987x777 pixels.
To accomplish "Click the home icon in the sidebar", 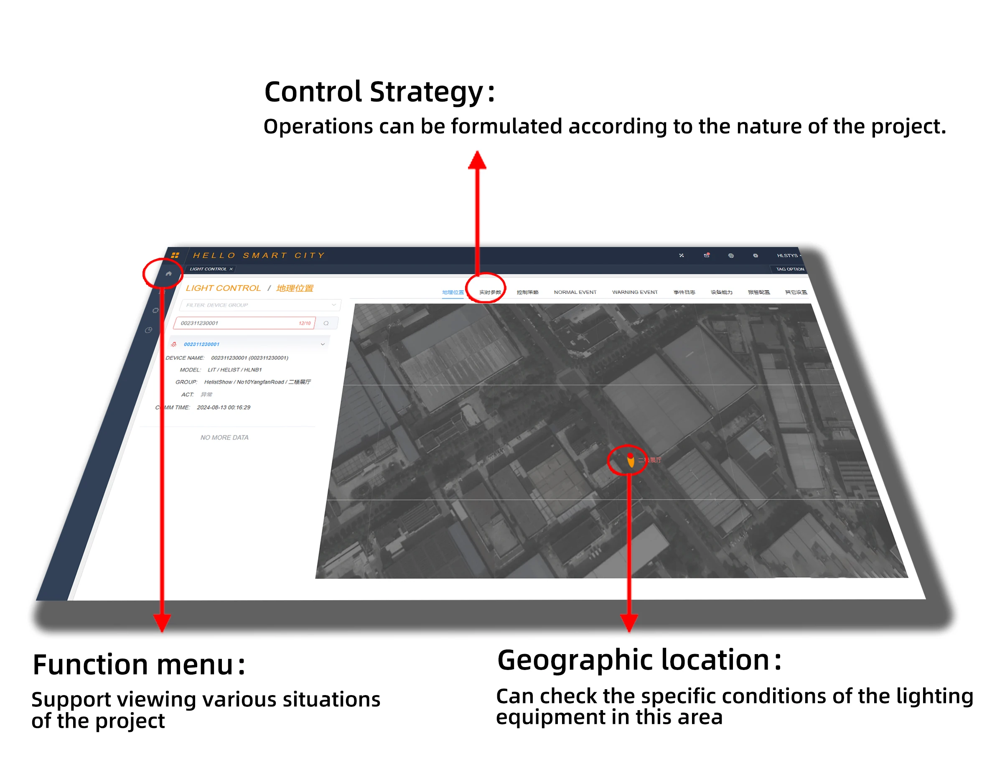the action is point(169,274).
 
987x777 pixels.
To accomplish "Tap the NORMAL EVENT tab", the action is point(575,293).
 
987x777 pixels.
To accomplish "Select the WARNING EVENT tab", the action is point(634,293).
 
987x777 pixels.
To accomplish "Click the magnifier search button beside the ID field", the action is point(326,324).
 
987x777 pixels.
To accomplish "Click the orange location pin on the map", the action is point(631,461).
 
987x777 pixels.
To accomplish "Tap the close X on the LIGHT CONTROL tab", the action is point(231,269).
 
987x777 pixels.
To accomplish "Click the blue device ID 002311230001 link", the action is point(201,344).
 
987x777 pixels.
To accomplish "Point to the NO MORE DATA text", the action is point(224,438).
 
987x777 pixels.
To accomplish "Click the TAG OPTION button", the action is point(790,269).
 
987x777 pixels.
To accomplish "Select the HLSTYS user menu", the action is point(788,256).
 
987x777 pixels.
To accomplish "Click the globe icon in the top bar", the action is point(730,256).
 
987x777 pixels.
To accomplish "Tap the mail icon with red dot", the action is point(706,256).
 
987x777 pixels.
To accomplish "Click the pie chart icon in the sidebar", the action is point(148,330).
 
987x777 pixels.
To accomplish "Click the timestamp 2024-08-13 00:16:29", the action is point(223,408).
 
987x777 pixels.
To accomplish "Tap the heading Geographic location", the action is point(638,660).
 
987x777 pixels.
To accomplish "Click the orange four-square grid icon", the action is point(175,256).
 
